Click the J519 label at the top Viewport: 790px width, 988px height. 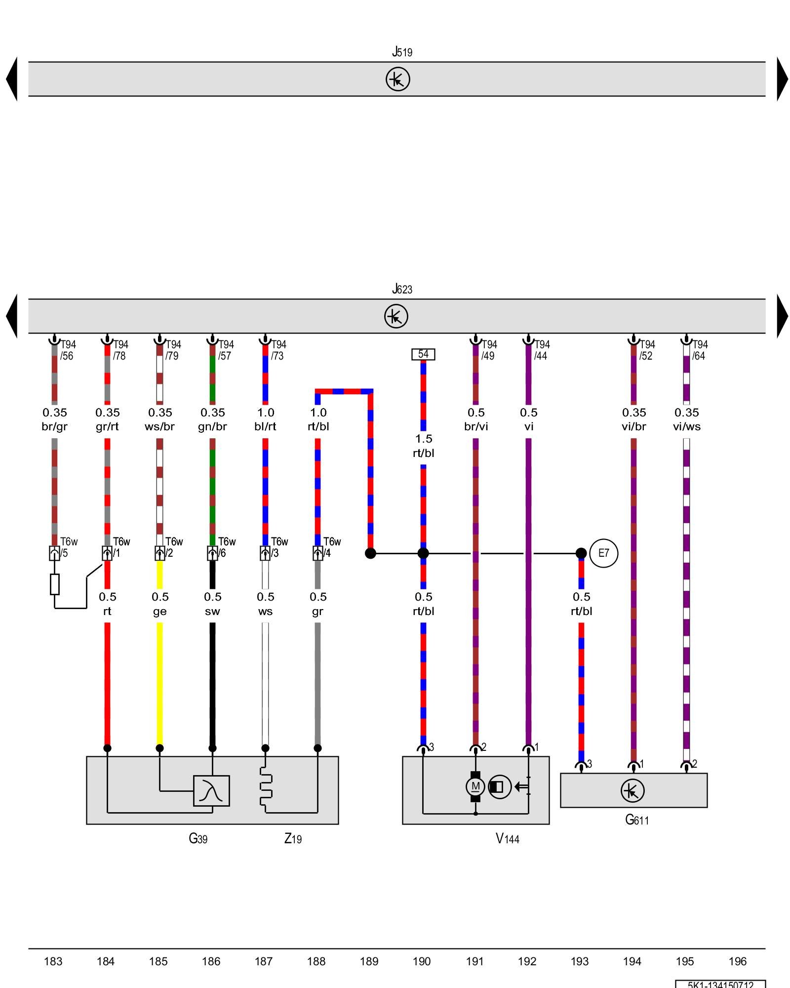click(x=402, y=52)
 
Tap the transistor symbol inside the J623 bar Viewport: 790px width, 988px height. click(x=396, y=316)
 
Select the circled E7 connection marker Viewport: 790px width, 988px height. click(x=603, y=553)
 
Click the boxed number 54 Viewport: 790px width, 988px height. click(x=423, y=354)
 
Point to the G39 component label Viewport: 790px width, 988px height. click(x=198, y=838)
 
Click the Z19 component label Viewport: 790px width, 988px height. click(x=293, y=838)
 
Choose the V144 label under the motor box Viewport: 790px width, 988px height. click(x=507, y=838)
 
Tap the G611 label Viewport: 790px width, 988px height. click(x=636, y=820)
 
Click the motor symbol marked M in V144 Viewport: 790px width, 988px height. click(x=475, y=786)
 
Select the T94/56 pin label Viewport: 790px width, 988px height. click(x=68, y=350)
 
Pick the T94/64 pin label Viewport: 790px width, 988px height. click(x=700, y=350)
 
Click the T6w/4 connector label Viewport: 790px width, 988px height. click(x=331, y=547)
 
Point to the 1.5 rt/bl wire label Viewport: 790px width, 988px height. click(x=424, y=446)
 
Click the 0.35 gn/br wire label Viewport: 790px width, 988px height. click(x=212, y=419)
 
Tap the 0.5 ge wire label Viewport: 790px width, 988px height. click(x=160, y=604)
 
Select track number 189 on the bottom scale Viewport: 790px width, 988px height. click(x=369, y=961)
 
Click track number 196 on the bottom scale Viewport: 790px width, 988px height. click(x=738, y=961)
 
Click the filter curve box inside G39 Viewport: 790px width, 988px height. click(x=211, y=791)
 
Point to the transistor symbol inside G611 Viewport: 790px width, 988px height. click(x=632, y=790)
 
